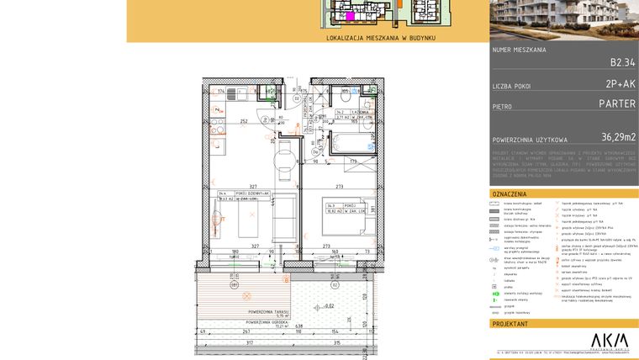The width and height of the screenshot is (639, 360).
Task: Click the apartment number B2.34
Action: (622, 62)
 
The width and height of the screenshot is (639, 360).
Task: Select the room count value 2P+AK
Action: (620, 85)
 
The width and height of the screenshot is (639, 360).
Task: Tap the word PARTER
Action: (616, 105)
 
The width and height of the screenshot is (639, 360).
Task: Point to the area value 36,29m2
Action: (618, 136)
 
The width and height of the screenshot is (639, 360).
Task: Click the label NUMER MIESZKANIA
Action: (520, 50)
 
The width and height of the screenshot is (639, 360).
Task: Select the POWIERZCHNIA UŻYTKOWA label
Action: (530, 139)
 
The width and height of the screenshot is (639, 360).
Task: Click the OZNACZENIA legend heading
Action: (510, 193)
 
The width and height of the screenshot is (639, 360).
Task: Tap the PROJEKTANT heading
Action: (511, 323)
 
